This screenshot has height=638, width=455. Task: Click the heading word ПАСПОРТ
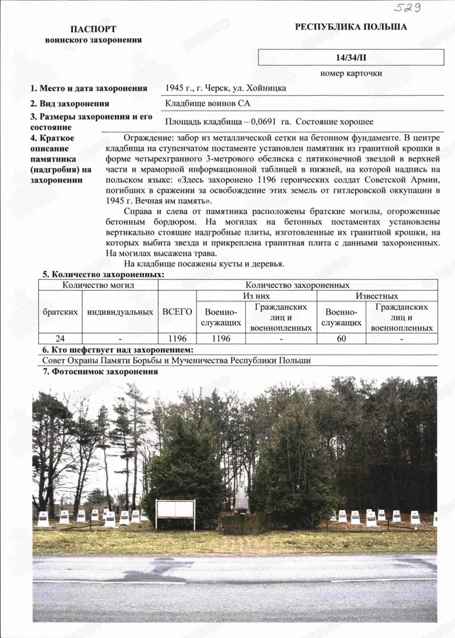(93, 29)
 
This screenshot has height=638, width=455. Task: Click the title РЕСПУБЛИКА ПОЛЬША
(351, 27)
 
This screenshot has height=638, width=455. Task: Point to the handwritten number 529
(408, 8)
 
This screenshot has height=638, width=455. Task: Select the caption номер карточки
(351, 73)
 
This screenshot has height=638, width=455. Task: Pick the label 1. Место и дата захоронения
(88, 89)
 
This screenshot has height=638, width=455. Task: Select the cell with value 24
(60, 339)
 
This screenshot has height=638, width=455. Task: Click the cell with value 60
(341, 339)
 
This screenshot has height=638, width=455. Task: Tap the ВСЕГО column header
(177, 311)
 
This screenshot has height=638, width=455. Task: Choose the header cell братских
(60, 311)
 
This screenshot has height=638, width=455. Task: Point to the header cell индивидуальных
(120, 311)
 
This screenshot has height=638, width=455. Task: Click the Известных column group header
(376, 296)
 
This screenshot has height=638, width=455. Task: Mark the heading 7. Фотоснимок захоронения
(99, 371)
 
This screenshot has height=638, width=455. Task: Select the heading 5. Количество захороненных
(103, 274)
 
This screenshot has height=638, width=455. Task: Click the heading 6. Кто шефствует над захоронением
(117, 350)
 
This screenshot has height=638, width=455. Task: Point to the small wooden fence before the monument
(237, 525)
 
